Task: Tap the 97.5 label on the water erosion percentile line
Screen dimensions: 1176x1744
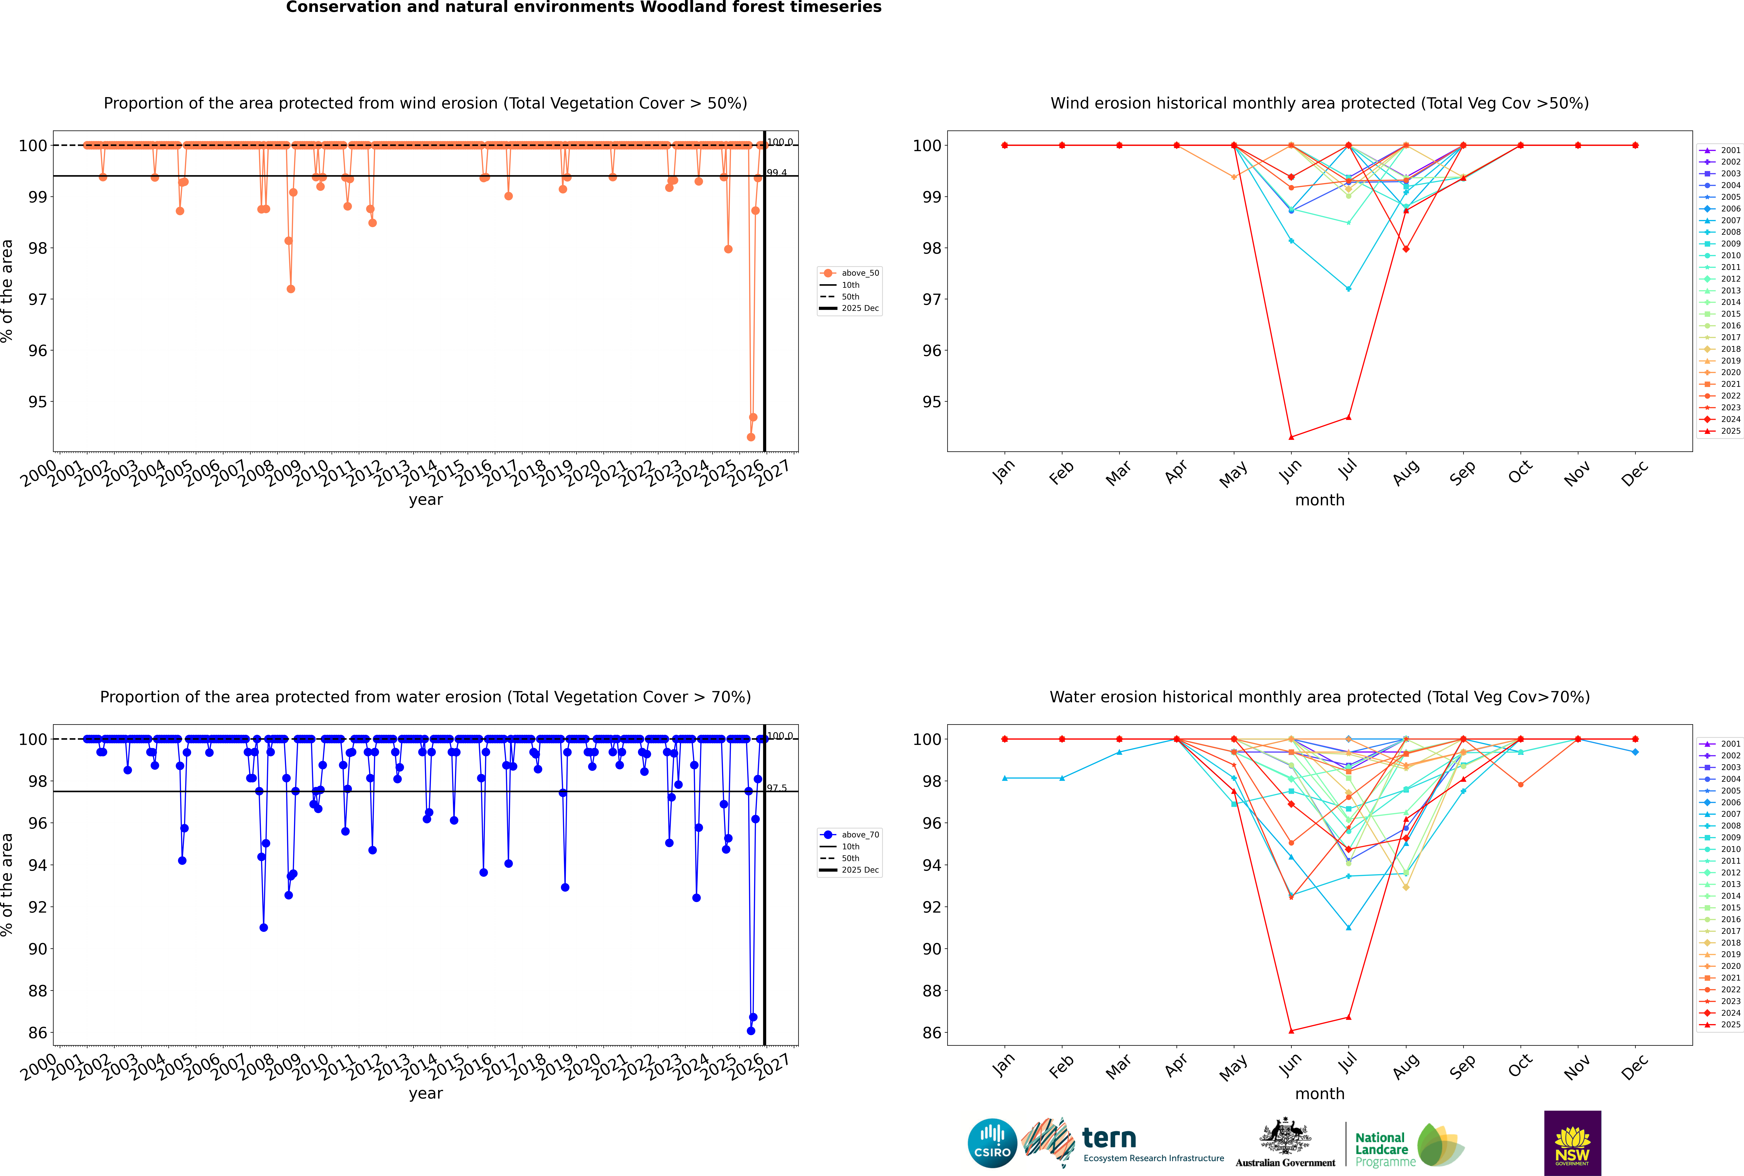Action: (x=777, y=788)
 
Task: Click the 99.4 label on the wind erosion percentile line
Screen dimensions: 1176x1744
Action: (x=777, y=173)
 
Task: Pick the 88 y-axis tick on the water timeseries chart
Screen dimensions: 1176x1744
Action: (x=37, y=991)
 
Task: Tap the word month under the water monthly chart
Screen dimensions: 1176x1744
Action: (x=1320, y=1094)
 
